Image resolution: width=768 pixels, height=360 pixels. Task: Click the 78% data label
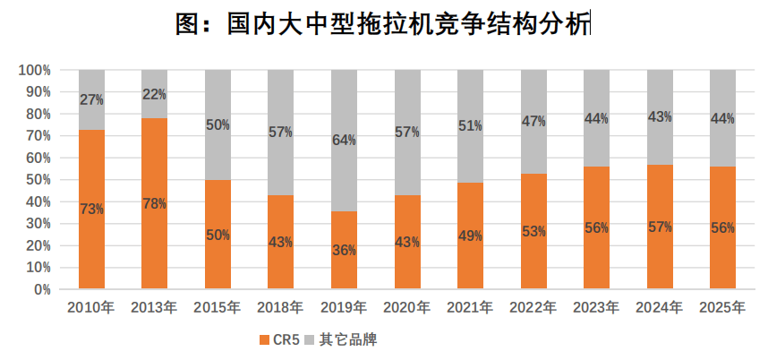[155, 203]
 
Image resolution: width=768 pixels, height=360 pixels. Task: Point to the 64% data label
[345, 140]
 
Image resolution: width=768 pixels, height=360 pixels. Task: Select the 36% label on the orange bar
[345, 251]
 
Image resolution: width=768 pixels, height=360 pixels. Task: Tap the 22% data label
[155, 94]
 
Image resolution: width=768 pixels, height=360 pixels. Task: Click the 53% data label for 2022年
[533, 232]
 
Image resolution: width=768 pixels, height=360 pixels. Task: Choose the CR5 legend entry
[279, 339]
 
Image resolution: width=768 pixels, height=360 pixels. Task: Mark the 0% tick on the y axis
[42, 289]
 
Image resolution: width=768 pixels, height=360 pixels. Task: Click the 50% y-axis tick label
[38, 180]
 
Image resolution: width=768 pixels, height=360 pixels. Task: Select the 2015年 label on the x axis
[218, 308]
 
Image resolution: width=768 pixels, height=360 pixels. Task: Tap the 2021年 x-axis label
[470, 308]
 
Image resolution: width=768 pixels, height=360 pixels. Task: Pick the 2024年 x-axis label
[660, 308]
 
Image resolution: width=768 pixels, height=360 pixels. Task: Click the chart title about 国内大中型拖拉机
[383, 24]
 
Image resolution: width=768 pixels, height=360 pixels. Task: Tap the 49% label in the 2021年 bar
[470, 236]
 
